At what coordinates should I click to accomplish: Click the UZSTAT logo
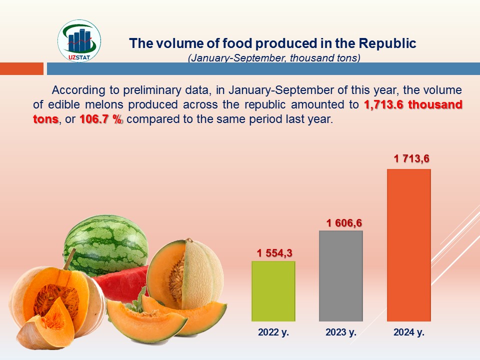[79, 41]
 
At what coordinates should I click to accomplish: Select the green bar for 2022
[273, 291]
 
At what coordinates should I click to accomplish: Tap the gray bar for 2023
[340, 276]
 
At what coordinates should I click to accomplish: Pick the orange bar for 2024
[408, 245]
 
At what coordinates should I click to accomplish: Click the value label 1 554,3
[274, 253]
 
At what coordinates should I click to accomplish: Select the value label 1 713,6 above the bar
[411, 159]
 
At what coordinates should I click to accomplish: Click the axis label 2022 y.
[273, 331]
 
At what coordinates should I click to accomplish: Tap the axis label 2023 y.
[341, 331]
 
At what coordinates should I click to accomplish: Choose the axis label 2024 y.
[408, 331]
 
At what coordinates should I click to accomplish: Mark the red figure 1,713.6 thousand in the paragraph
[413, 105]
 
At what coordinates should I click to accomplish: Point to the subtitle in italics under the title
[274, 58]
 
